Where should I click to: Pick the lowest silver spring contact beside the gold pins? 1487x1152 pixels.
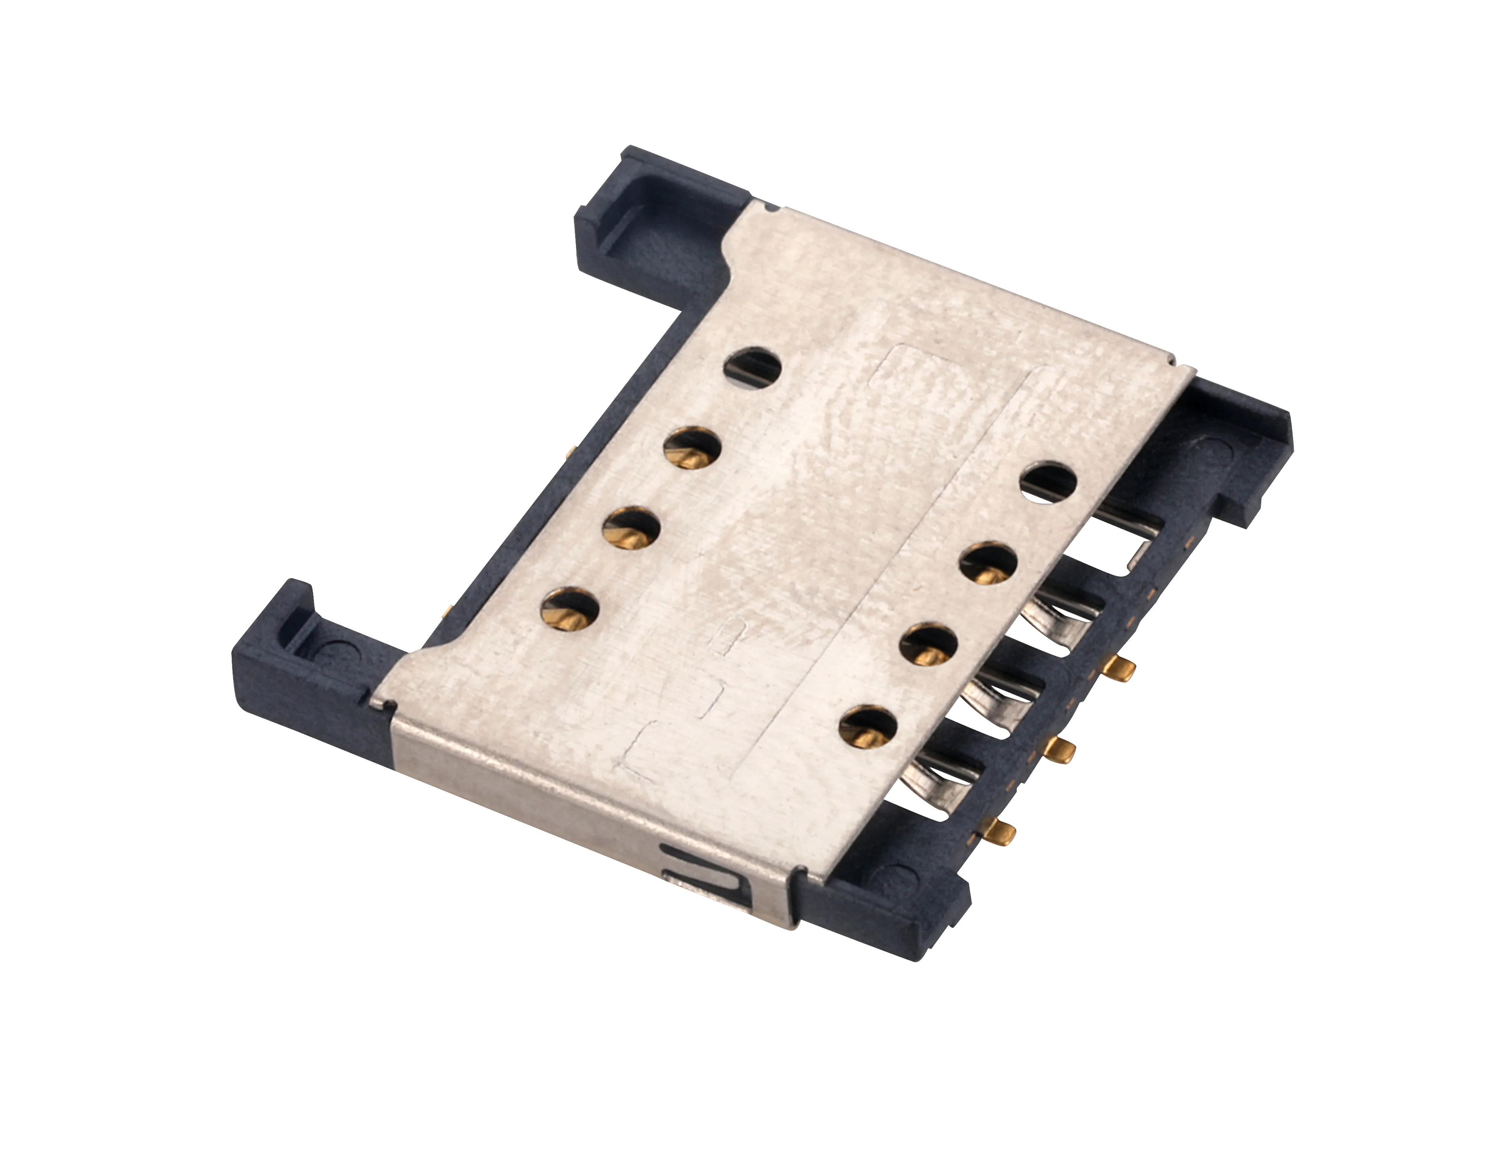(x=943, y=776)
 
